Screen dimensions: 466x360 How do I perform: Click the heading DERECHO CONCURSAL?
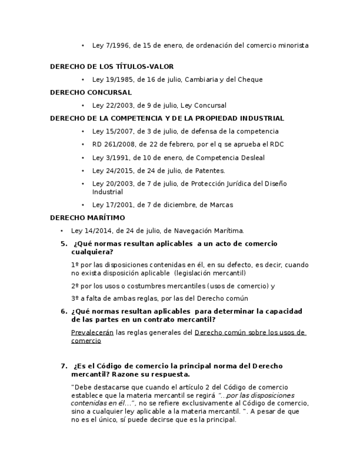pos(91,92)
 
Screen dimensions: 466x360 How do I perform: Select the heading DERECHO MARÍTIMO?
pos(87,218)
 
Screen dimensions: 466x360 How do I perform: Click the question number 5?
pos(63,244)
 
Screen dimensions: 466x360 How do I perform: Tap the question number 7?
pos(63,366)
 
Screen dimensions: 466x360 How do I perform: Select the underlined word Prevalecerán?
pos(92,332)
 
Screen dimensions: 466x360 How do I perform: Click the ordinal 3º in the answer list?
pos(75,298)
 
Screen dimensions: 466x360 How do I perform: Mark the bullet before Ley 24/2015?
pos(83,171)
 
